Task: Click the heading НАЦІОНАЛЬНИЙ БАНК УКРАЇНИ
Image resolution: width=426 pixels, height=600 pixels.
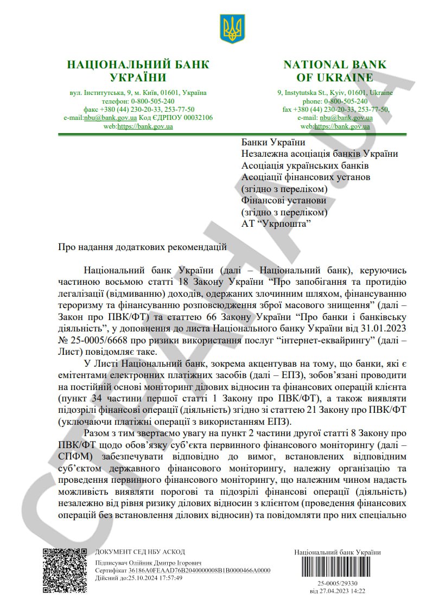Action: click(x=137, y=71)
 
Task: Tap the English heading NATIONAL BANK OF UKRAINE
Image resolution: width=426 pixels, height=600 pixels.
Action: click(x=335, y=71)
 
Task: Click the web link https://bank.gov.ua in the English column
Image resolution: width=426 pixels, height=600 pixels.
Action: click(x=344, y=126)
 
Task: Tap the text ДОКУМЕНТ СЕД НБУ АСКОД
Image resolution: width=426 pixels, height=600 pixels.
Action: click(x=140, y=552)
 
